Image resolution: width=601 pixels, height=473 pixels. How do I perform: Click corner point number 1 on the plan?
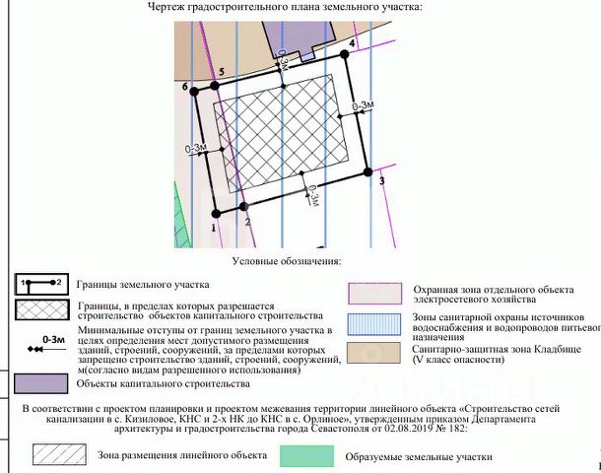point(212,226)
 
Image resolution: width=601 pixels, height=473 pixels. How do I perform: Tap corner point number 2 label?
point(247,222)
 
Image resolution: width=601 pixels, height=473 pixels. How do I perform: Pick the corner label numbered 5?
point(223,72)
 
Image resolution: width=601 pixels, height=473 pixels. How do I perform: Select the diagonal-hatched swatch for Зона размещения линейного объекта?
point(57,455)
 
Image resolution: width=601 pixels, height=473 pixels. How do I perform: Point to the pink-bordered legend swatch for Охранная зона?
point(375,293)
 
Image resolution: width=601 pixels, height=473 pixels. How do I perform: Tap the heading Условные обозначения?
point(287,261)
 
